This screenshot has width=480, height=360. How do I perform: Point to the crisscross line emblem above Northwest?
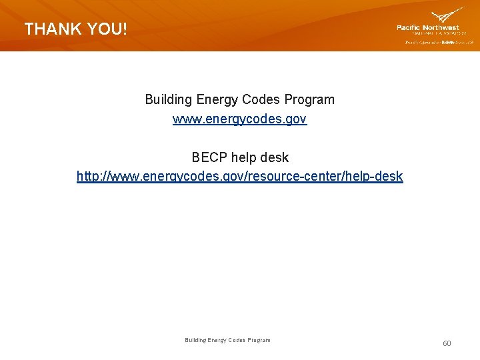tap(447, 15)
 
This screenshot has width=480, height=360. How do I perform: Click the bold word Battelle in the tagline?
tap(447, 42)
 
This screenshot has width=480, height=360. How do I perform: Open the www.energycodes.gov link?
tap(239, 119)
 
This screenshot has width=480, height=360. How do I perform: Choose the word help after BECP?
tap(246, 157)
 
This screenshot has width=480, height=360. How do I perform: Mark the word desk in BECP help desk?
tap(276, 157)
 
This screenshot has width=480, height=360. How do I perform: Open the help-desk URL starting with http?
tap(239, 177)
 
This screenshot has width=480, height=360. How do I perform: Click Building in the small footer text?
tap(195, 340)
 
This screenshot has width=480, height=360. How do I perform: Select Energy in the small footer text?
tap(218, 340)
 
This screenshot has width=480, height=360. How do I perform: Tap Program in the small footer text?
tap(260, 340)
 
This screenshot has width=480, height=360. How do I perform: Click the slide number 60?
tap(447, 343)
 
